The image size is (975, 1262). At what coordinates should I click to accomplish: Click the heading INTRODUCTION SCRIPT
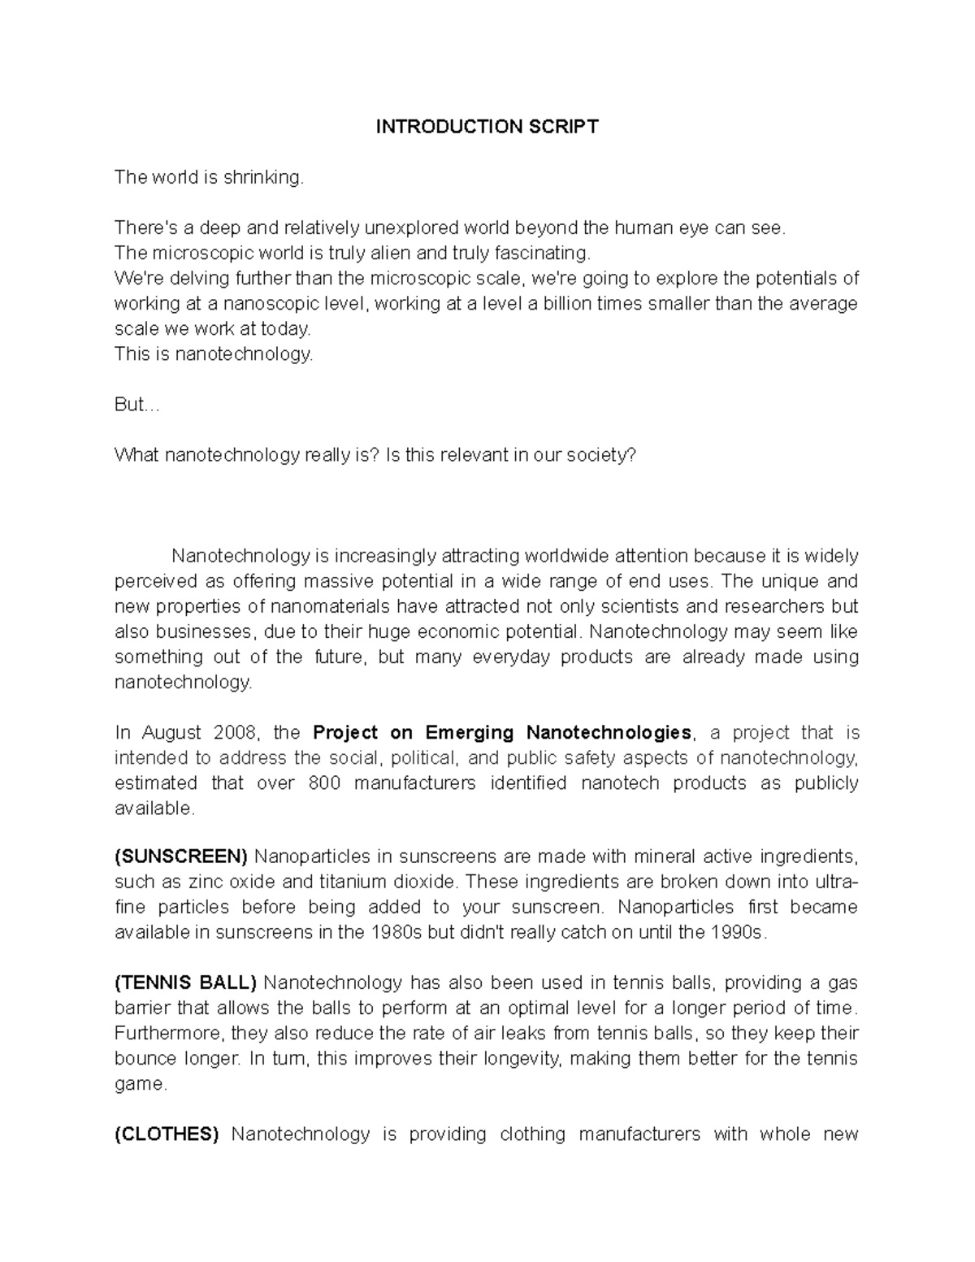pos(487,127)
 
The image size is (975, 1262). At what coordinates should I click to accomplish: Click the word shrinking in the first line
pos(263,177)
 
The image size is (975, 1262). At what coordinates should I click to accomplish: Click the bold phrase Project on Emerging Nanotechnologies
pos(501,732)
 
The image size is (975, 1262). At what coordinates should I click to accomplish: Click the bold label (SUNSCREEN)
pos(180,857)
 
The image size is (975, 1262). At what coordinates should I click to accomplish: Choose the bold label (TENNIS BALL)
pos(185,982)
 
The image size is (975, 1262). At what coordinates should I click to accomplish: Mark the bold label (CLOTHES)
pos(167,1134)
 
